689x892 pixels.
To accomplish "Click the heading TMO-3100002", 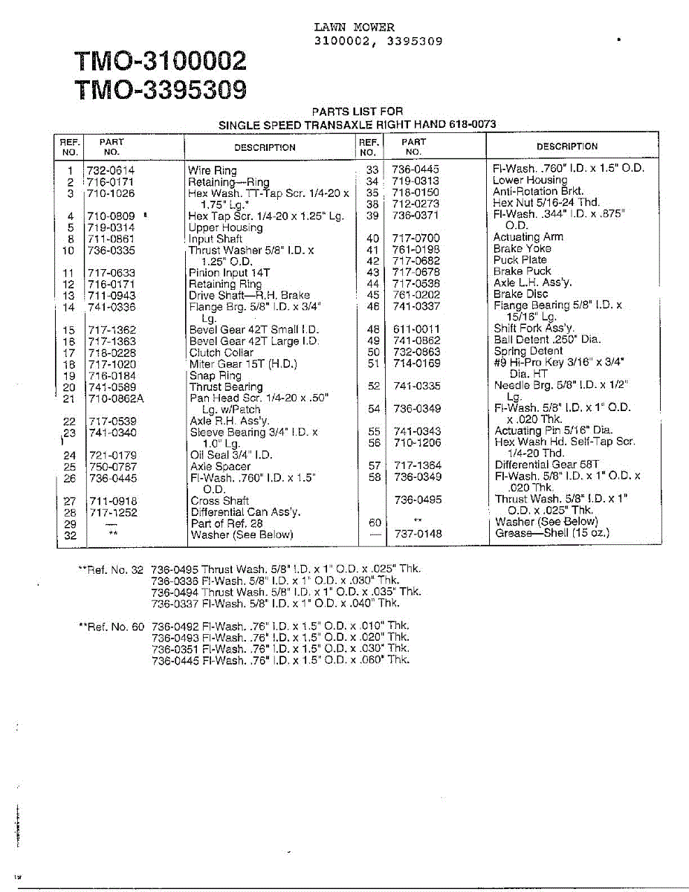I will coord(160,60).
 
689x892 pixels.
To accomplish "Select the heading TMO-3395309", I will coord(160,91).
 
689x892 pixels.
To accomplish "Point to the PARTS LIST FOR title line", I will coord(357,111).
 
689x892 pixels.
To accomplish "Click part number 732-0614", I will coord(111,170).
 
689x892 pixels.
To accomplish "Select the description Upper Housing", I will coord(225,227).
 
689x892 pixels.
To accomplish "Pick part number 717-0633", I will coord(112,273).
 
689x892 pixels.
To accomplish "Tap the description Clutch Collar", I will coord(221,353).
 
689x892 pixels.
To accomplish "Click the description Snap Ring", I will coord(216,375).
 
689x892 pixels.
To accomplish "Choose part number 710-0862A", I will coord(116,398).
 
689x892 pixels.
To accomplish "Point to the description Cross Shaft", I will coord(219,501).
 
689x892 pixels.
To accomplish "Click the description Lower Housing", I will coord(529,180).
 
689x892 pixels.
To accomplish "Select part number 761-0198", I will coord(416,249).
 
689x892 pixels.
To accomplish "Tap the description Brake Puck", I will coord(522,271).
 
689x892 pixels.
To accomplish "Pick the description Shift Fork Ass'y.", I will coord(534,328).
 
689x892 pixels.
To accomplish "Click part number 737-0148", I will coord(417,533).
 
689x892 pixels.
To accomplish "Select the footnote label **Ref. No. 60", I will coord(111,627).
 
